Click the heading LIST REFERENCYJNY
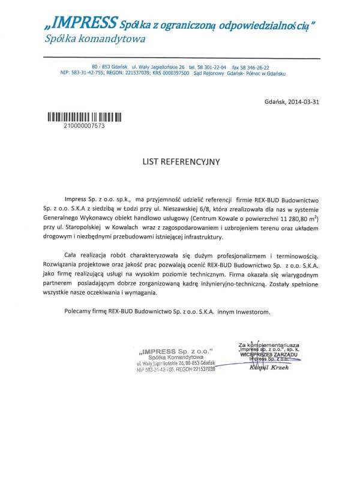[x=182, y=161]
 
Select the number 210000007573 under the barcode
[x=84, y=127]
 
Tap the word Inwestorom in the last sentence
[x=254, y=311]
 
